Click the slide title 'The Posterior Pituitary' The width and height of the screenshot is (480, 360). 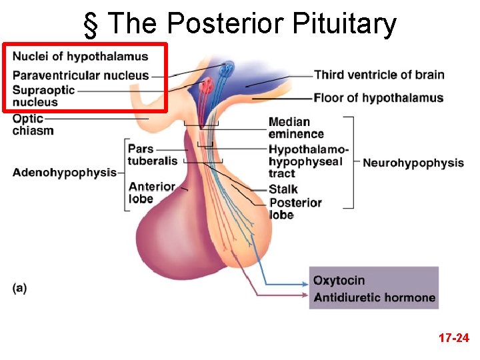pyautogui.click(x=251, y=25)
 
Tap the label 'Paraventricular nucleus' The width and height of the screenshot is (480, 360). pyautogui.click(x=81, y=75)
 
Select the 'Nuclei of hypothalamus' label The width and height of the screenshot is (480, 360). pyautogui.click(x=80, y=56)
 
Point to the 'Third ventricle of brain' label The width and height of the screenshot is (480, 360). pyautogui.click(x=379, y=75)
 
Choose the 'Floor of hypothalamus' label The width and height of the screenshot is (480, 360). pyautogui.click(x=378, y=98)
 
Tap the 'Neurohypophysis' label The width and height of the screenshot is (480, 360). pyautogui.click(x=413, y=163)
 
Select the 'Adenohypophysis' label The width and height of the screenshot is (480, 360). pyautogui.click(x=64, y=173)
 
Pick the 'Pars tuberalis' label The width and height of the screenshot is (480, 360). pyautogui.click(x=153, y=154)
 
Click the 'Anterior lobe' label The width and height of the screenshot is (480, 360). pyautogui.click(x=152, y=193)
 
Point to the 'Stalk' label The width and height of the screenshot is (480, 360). pyautogui.click(x=283, y=189)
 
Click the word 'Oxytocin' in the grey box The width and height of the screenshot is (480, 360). pyautogui.click(x=339, y=281)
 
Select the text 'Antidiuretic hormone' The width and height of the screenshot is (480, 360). pyautogui.click(x=374, y=297)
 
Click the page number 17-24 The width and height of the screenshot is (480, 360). pyautogui.click(x=453, y=339)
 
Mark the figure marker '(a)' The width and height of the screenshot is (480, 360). pyautogui.click(x=20, y=288)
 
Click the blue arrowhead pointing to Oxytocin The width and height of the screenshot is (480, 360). pyautogui.click(x=305, y=281)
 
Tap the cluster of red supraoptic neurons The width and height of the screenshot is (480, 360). pyautogui.click(x=206, y=85)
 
